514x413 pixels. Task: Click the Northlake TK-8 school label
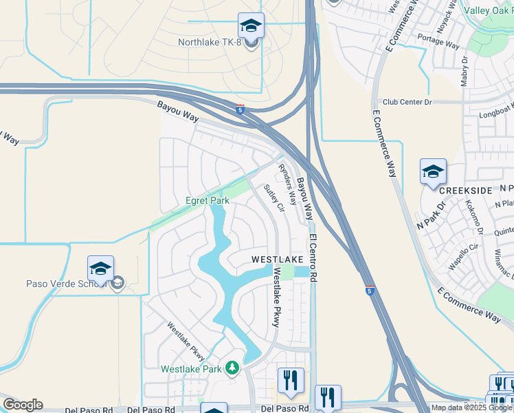[x=210, y=43]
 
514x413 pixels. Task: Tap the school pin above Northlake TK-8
[x=251, y=26]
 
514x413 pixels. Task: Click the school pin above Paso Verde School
[x=100, y=268]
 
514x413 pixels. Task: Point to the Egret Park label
[x=208, y=201]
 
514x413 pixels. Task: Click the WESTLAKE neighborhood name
[x=277, y=259]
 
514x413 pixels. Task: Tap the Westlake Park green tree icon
[x=233, y=369]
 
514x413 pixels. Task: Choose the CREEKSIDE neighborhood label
[x=465, y=189]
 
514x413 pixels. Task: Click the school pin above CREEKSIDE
[x=433, y=172]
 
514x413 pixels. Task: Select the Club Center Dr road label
[x=407, y=102]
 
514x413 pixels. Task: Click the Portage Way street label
[x=438, y=42]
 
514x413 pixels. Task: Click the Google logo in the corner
[x=23, y=405]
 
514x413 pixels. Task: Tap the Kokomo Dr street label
[x=475, y=215]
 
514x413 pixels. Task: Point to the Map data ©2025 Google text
[x=471, y=407]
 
